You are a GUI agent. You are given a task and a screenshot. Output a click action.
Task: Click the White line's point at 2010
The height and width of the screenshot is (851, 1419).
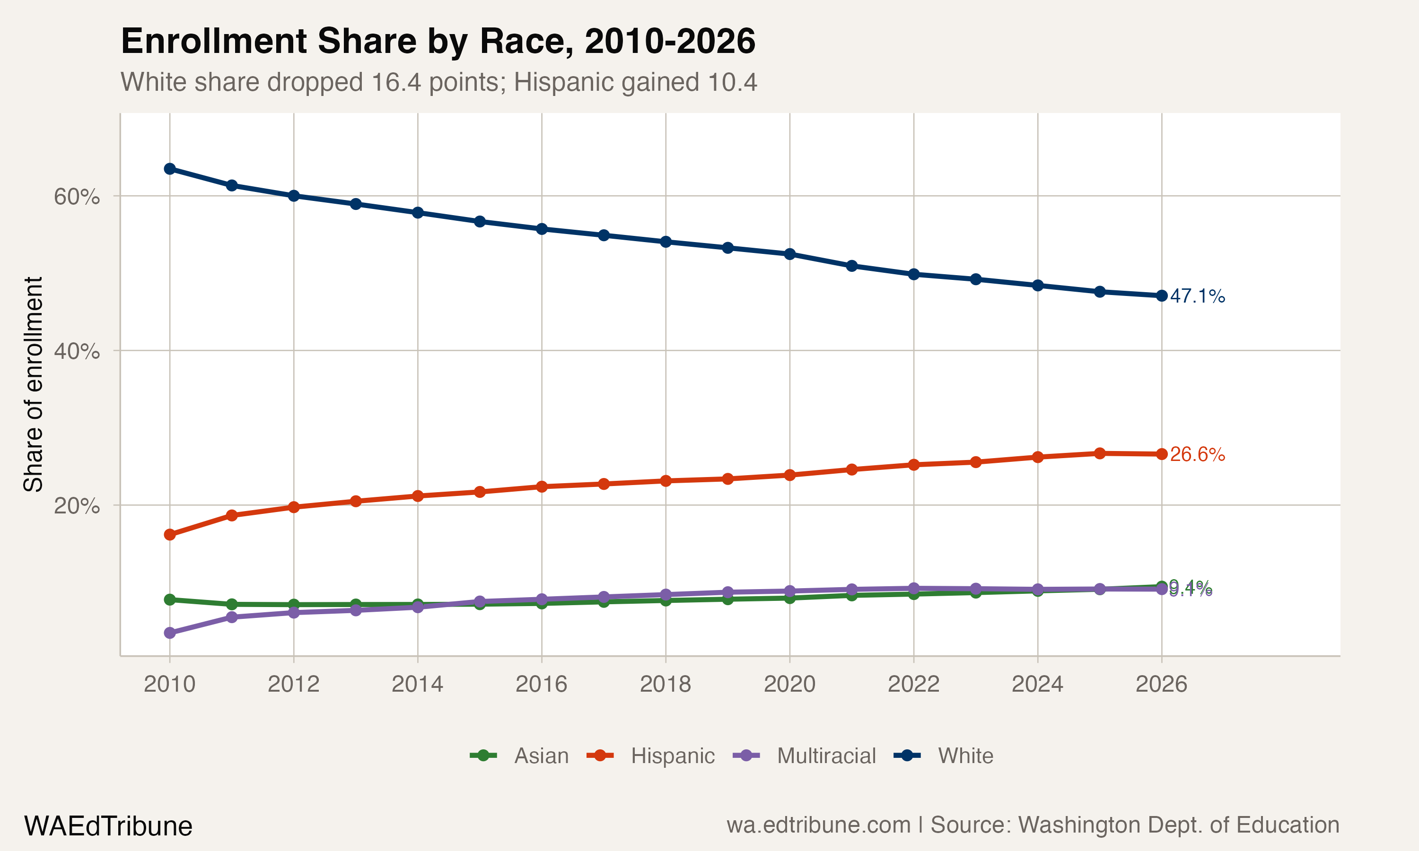point(170,169)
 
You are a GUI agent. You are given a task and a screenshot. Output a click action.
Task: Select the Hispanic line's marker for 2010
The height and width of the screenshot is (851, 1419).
point(170,534)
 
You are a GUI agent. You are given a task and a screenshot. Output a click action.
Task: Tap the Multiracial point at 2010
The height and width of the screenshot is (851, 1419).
point(170,633)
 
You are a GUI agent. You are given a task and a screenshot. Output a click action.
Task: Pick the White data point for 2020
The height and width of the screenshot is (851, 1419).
point(790,254)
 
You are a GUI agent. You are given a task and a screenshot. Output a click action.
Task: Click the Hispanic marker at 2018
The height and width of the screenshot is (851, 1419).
point(666,480)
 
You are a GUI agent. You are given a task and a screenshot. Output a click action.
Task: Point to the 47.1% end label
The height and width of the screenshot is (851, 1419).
point(1197,296)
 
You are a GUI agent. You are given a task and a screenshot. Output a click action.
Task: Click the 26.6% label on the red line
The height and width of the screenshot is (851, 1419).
point(1197,454)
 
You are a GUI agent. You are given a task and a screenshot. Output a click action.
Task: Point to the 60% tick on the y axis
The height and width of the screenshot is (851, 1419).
point(77,197)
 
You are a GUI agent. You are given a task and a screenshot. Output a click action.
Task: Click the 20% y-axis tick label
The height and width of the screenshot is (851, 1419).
point(77,506)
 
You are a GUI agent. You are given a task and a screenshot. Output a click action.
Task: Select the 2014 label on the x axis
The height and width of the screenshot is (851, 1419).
point(418,684)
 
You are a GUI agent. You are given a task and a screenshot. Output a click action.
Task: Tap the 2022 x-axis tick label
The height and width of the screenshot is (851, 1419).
point(914,684)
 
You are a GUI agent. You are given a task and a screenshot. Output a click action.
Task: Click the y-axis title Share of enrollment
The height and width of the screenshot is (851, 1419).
point(33,384)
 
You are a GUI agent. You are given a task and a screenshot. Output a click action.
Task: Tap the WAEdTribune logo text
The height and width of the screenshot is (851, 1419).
point(108,826)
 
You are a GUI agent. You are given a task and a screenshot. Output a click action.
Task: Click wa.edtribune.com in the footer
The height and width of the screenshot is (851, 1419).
point(818,825)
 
